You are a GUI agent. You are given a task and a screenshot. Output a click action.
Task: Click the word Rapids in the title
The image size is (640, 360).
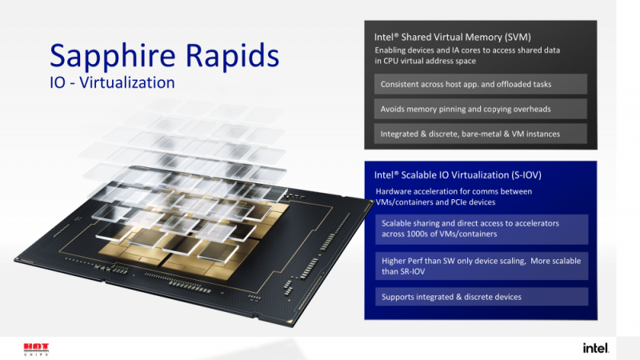click(233, 56)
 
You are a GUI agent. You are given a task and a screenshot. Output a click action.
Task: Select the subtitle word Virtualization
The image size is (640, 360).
click(127, 82)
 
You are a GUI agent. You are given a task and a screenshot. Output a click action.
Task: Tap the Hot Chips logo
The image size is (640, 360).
click(36, 350)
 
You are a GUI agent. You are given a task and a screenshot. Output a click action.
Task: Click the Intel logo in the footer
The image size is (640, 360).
click(596, 348)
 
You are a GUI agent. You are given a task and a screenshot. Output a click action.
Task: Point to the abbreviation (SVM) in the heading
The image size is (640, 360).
click(518, 37)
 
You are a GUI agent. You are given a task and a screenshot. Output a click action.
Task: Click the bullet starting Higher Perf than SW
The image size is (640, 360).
click(482, 266)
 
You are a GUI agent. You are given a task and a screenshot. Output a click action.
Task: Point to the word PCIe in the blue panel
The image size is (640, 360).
click(461, 202)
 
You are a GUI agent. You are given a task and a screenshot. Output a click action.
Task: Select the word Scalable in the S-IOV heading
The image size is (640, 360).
click(418, 175)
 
